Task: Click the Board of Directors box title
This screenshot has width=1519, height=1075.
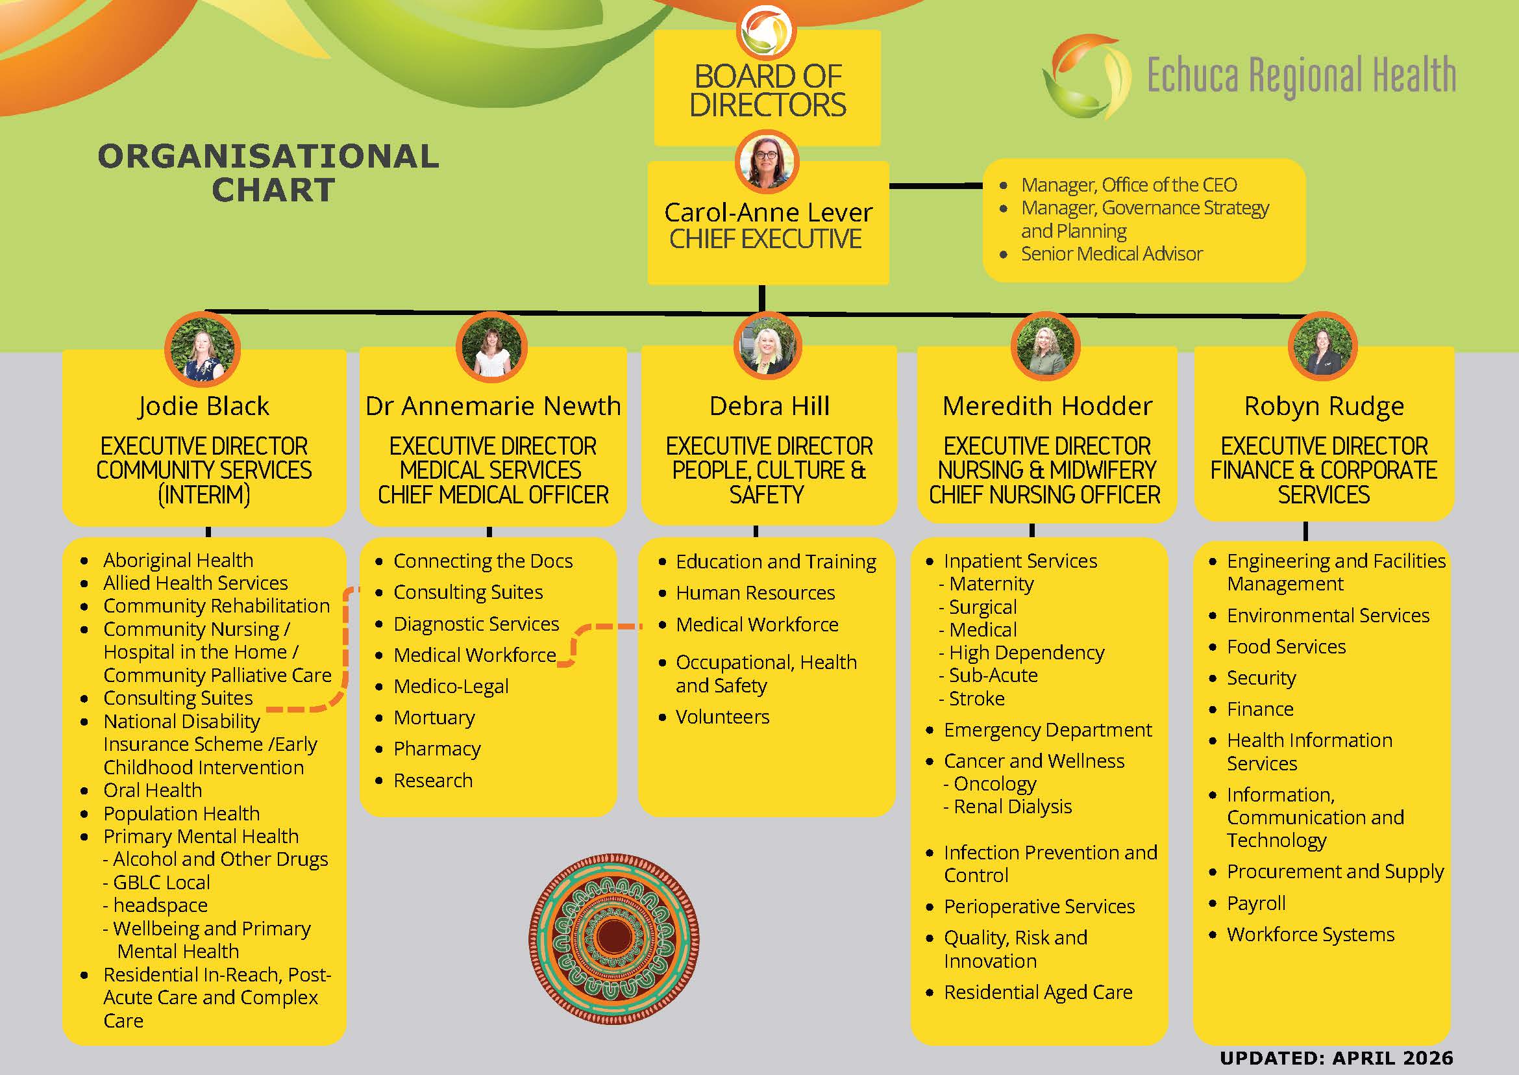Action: coord(767,91)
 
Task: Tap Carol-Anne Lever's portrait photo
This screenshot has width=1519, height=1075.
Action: coord(767,162)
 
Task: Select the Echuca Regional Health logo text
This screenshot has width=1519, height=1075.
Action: coord(1302,75)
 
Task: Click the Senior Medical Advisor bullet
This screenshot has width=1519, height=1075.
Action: coord(1111,253)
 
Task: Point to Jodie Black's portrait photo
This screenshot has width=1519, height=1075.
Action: coord(203,349)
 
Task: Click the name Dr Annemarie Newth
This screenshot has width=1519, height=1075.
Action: coord(493,406)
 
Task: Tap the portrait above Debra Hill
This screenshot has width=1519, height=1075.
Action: coord(767,346)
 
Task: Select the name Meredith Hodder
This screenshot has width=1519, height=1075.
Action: coord(1047,406)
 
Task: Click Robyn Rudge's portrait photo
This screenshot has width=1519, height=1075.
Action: coord(1323,346)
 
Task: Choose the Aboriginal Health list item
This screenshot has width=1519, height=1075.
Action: coord(178,560)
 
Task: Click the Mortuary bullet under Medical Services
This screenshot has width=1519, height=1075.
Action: coord(434,718)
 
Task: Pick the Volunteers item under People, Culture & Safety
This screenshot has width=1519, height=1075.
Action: coord(722,716)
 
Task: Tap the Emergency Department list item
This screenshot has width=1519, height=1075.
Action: coord(1048,729)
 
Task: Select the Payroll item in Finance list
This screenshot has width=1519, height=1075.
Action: coord(1256,903)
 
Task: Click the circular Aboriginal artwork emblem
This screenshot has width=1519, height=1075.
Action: coord(614,939)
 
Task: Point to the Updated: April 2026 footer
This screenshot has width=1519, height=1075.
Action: coord(1337,1058)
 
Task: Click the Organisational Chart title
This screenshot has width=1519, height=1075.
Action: coord(269,173)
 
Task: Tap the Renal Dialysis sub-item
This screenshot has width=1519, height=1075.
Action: coord(1007,806)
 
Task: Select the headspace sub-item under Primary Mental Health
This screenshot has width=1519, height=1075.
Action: coord(156,905)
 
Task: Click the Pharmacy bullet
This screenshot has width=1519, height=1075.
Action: coord(437,749)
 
